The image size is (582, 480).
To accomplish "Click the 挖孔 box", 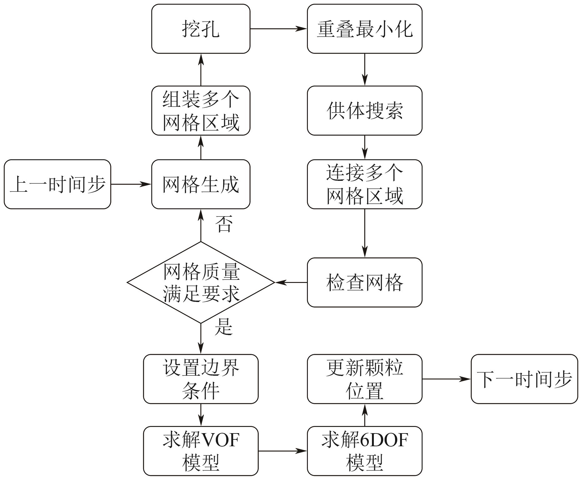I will pyautogui.click(x=201, y=29).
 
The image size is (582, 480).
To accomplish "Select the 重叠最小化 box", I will pyautogui.click(x=364, y=29).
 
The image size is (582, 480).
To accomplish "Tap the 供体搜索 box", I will pyautogui.click(x=364, y=111).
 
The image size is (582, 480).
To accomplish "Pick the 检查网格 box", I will pyautogui.click(x=364, y=282).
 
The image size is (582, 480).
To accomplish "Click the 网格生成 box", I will pyautogui.click(x=201, y=184).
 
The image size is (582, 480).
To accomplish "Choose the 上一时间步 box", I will pyautogui.click(x=58, y=184).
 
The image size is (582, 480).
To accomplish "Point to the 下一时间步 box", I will pyautogui.click(x=524, y=379).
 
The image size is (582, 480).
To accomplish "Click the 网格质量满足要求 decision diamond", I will pyautogui.click(x=201, y=282).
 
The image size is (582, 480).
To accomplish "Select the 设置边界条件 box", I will pyautogui.click(x=201, y=379).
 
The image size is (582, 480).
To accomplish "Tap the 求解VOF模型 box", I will pyautogui.click(x=201, y=451).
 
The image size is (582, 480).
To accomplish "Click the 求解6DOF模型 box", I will pyautogui.click(x=364, y=451).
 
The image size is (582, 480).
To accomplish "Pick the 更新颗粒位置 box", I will pyautogui.click(x=364, y=379).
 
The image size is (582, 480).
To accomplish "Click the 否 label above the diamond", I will pyautogui.click(x=224, y=224).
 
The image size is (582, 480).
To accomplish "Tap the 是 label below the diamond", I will pyautogui.click(x=224, y=327).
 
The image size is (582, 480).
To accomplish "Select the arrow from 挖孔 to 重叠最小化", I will pyautogui.click(x=278, y=29).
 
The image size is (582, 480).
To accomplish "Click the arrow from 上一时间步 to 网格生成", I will pyautogui.click(x=131, y=184).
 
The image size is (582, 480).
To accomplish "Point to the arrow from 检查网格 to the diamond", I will pyautogui.click(x=291, y=282).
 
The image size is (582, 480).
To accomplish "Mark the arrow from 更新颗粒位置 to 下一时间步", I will pyautogui.click(x=446, y=379).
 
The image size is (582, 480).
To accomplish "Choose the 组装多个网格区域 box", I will pyautogui.click(x=201, y=111).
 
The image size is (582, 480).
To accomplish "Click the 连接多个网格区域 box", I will pyautogui.click(x=364, y=184).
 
